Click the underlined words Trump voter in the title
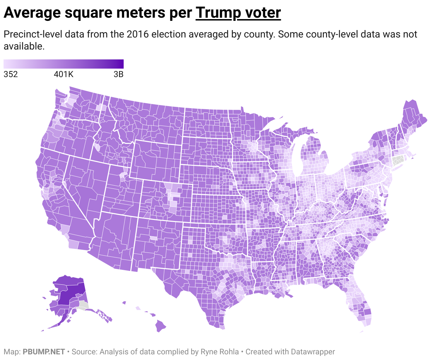click(x=238, y=13)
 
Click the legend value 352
click(x=11, y=75)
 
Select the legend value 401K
click(x=64, y=75)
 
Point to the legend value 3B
click(x=118, y=75)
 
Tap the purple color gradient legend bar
click(x=64, y=64)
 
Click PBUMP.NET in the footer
click(x=44, y=352)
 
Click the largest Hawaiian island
click(x=161, y=326)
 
